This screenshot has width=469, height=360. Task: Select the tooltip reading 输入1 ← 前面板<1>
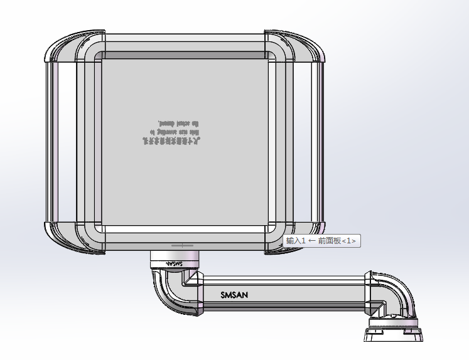tap(321, 241)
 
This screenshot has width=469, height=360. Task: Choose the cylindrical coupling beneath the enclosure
tap(174, 258)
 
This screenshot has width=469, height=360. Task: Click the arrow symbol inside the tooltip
tap(311, 241)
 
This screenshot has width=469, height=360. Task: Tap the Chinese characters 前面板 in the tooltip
tap(329, 241)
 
